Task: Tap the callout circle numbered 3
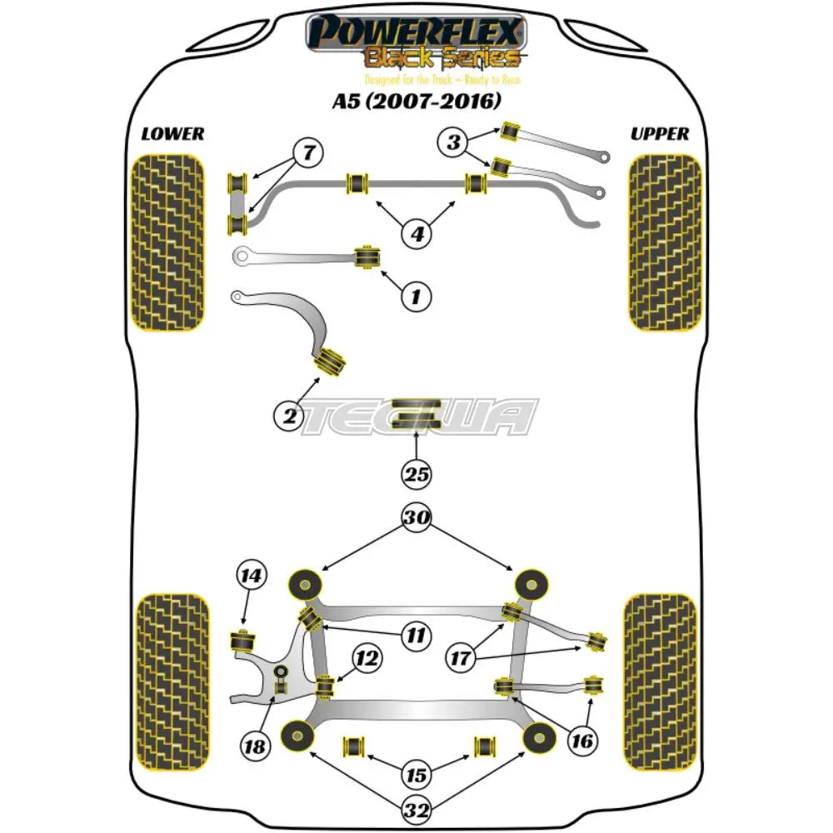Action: (453, 142)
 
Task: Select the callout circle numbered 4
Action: (416, 234)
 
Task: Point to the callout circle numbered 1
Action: (416, 294)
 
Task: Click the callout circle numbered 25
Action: (416, 475)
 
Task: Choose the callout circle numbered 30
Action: (416, 518)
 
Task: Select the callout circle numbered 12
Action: (367, 660)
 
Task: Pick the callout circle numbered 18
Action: (256, 747)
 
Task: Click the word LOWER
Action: (172, 133)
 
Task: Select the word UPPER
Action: (660, 133)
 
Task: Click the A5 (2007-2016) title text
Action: (416, 102)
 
